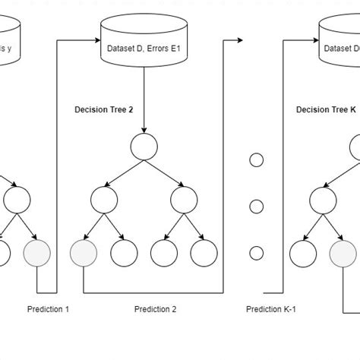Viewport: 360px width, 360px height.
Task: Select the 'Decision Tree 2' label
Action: (x=104, y=109)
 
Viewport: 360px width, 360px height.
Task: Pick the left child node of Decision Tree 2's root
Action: (x=104, y=200)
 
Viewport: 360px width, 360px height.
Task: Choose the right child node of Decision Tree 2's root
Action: (x=183, y=200)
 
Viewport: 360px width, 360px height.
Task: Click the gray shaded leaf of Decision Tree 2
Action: (x=82, y=253)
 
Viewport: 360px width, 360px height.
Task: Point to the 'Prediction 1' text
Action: (x=48, y=309)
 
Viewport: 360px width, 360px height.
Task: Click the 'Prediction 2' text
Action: (x=156, y=309)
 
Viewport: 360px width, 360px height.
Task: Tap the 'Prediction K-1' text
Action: (x=270, y=309)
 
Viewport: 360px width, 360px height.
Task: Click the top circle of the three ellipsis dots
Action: (x=256, y=160)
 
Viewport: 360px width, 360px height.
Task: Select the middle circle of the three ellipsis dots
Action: (x=256, y=206)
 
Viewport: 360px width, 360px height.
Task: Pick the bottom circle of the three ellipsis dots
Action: (x=256, y=252)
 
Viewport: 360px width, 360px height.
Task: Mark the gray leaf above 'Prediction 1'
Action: (x=37, y=253)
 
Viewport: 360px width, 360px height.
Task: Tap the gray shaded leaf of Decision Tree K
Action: (x=342, y=253)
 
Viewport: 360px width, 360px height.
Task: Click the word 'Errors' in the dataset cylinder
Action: (x=156, y=50)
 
